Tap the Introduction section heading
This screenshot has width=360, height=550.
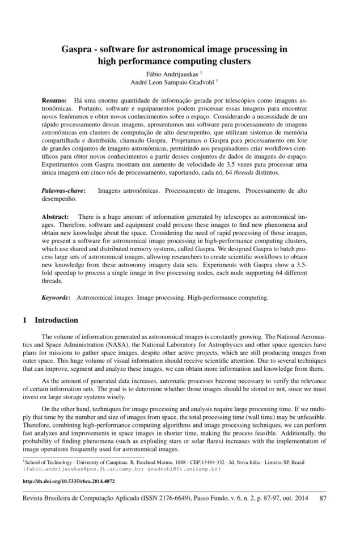click(56, 320)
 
